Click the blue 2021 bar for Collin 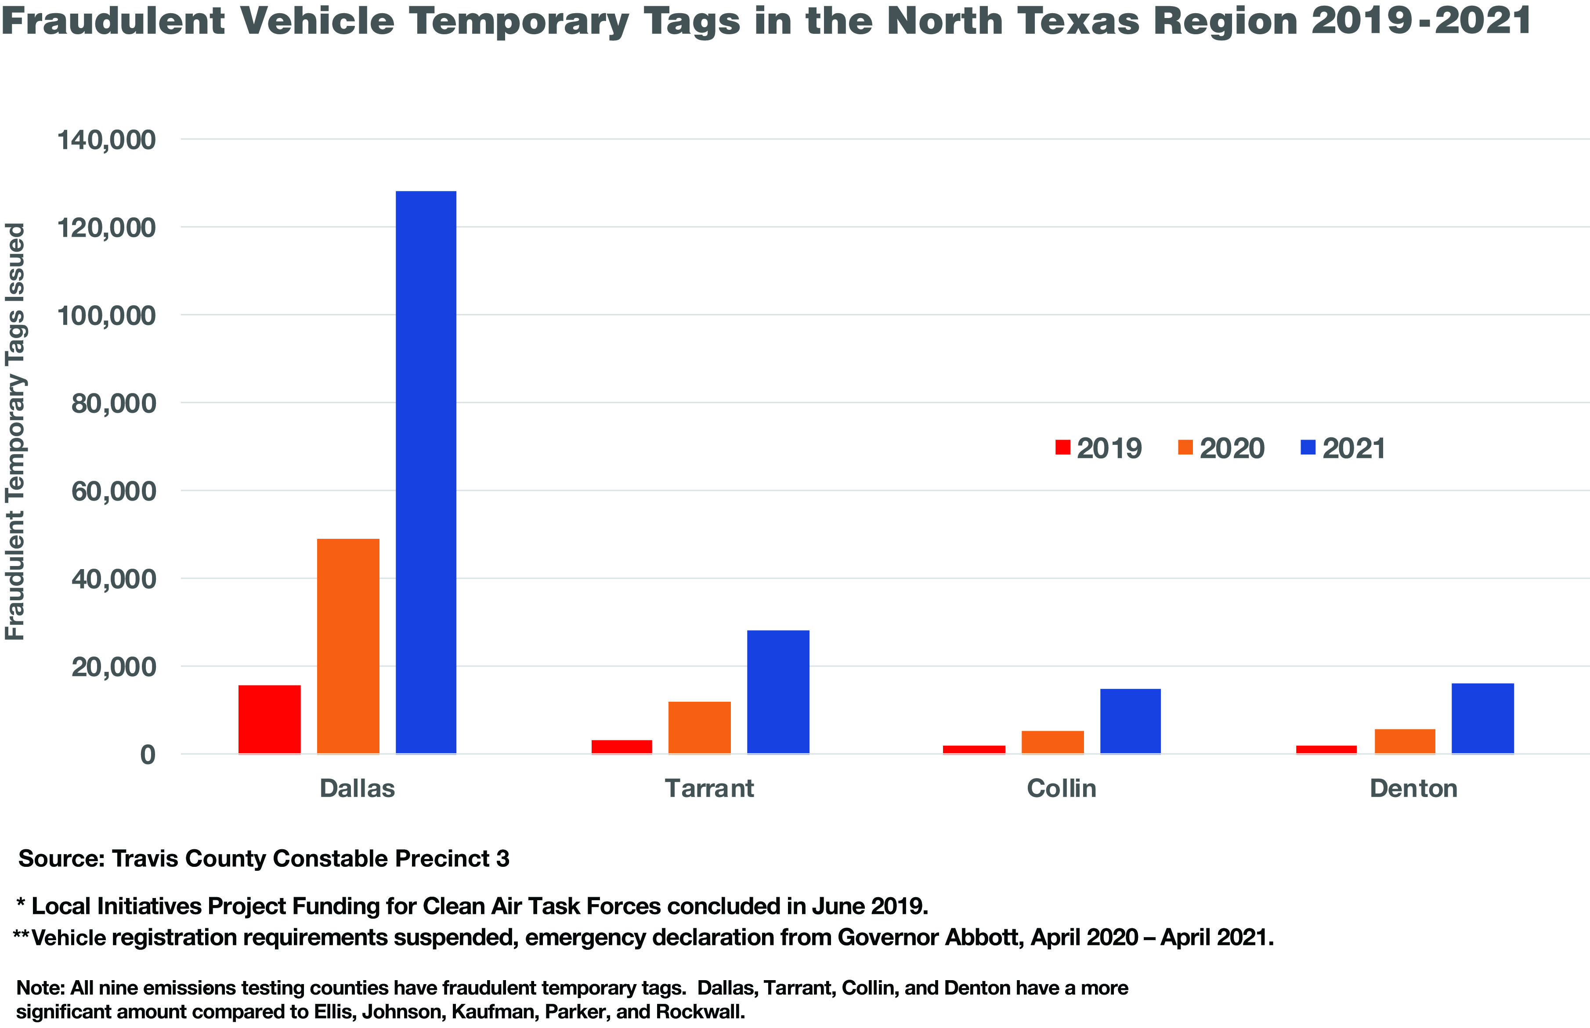(1130, 721)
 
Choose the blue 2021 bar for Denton (1482, 718)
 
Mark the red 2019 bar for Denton (1326, 749)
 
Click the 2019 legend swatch (1062, 447)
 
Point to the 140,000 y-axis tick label (106, 140)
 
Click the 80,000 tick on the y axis (113, 403)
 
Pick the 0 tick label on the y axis (148, 754)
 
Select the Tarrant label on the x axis (709, 788)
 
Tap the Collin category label (1061, 788)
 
